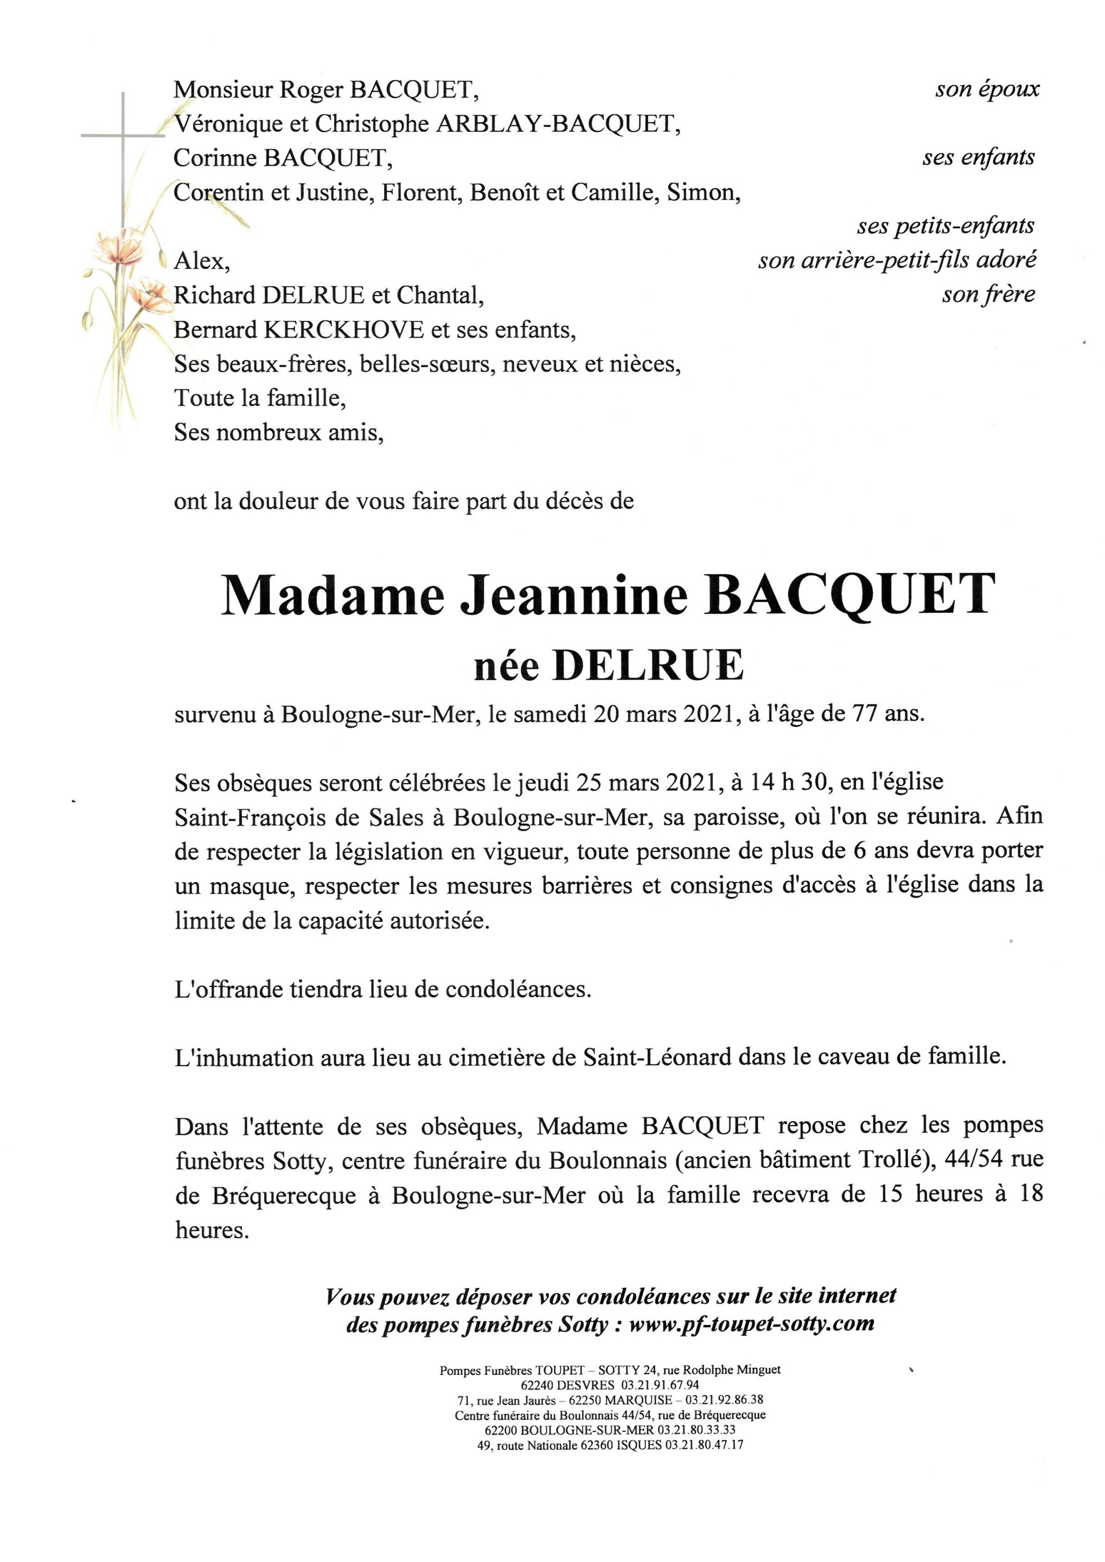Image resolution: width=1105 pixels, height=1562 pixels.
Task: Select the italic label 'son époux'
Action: (987, 89)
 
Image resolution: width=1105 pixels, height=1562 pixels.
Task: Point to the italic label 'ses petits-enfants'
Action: (946, 226)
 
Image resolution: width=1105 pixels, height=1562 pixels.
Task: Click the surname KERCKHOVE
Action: (343, 330)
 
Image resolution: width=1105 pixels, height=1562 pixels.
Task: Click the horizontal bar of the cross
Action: (123, 136)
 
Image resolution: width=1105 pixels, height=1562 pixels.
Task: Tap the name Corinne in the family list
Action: (215, 158)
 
